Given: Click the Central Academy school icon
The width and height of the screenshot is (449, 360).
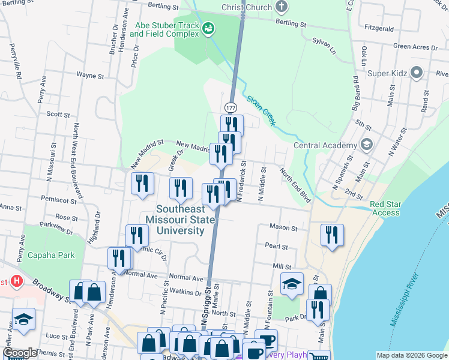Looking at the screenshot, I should click(x=366, y=145).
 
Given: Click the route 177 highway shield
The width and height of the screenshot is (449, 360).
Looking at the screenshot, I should click(x=231, y=107).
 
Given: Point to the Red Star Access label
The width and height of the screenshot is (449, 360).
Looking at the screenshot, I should click(x=385, y=208).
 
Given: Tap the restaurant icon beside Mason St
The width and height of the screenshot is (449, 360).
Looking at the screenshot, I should click(x=331, y=235).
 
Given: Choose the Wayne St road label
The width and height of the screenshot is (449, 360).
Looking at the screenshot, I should click(x=90, y=76).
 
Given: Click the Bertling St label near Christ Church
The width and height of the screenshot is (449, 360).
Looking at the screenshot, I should click(x=291, y=24).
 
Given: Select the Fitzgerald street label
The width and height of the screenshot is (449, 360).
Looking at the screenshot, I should click(x=379, y=28).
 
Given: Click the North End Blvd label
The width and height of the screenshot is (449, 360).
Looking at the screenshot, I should click(x=295, y=184).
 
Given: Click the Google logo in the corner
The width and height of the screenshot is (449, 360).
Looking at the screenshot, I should click(x=20, y=353).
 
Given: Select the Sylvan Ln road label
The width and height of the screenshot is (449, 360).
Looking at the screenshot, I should click(x=324, y=46).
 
